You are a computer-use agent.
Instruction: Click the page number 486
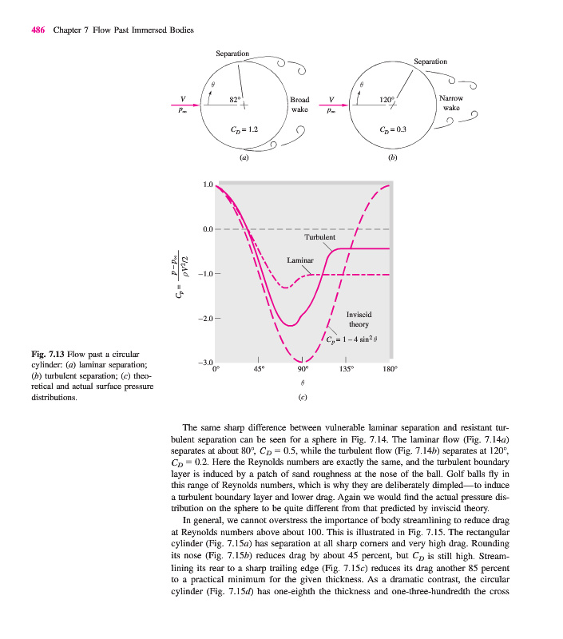38,30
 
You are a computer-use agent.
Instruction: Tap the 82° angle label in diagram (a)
234,100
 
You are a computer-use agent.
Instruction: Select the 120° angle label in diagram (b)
387,100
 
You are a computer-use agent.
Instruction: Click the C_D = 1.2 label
243,129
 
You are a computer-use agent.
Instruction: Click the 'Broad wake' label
299,105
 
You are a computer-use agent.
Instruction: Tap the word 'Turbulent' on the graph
319,237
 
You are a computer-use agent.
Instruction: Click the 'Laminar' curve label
301,260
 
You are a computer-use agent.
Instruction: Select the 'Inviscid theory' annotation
358,319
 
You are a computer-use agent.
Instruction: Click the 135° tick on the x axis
347,370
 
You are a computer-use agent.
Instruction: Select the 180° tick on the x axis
390,370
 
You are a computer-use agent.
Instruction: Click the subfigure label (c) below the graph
302,397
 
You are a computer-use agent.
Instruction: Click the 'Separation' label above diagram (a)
232,54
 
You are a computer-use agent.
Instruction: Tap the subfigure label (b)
392,158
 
